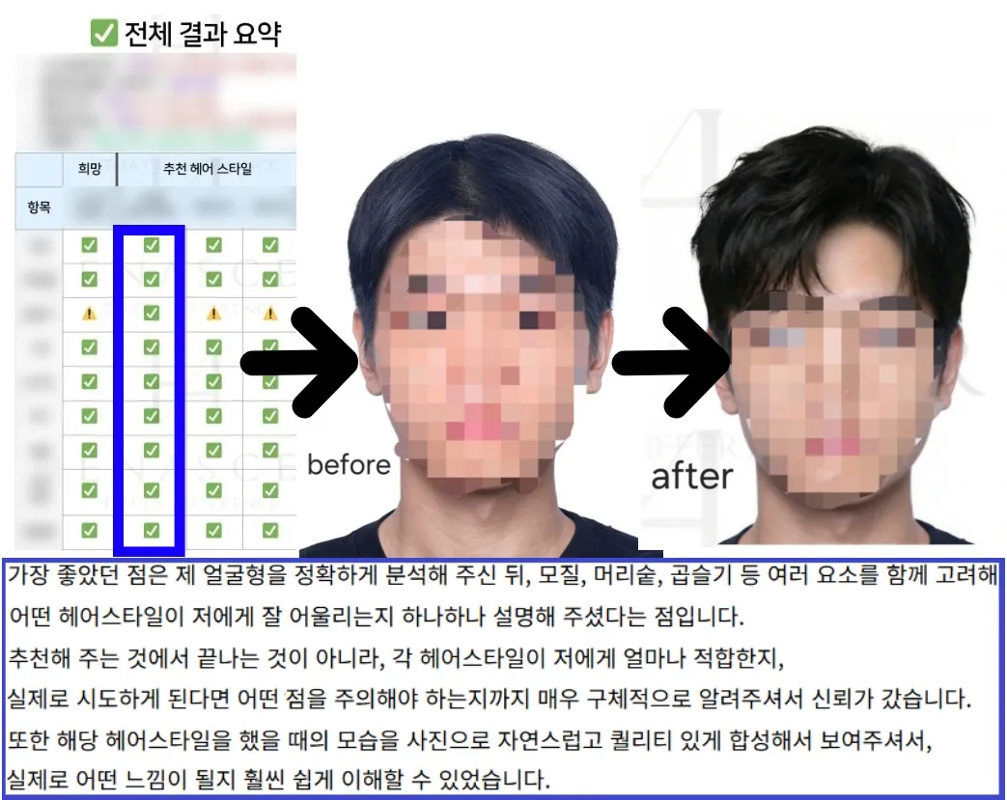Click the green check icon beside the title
103,34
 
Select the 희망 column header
90,169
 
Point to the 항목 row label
39,206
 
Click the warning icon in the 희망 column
90,314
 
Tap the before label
349,464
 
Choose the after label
691,476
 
